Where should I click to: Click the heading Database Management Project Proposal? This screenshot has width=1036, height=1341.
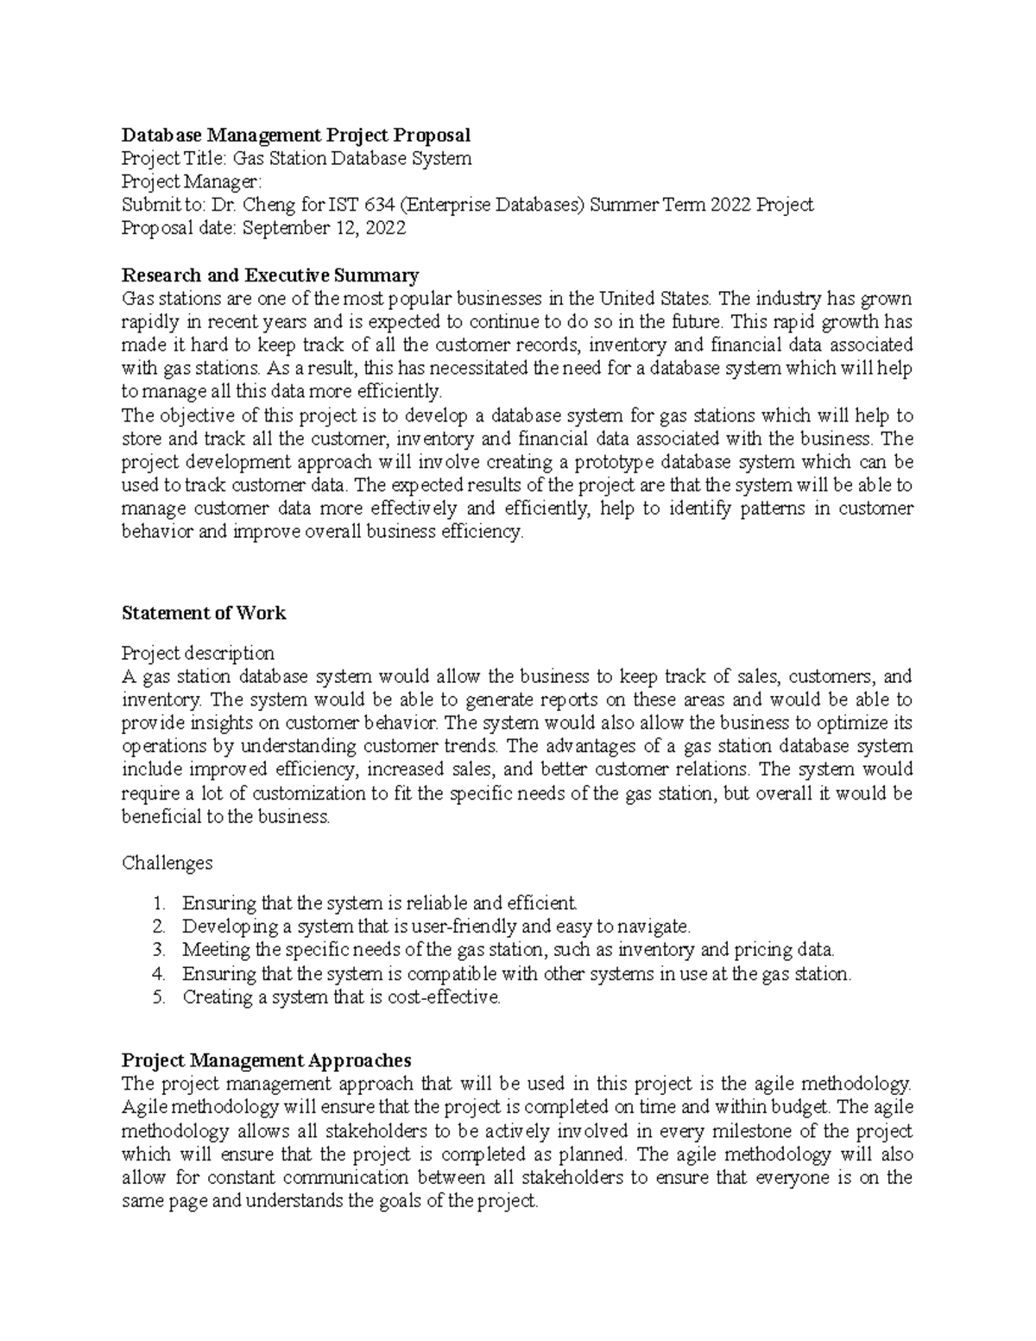[296, 135]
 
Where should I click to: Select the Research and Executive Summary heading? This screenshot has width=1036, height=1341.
[270, 275]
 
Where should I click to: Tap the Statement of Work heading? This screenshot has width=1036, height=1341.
[204, 613]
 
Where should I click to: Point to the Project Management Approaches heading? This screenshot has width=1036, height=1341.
[267, 1060]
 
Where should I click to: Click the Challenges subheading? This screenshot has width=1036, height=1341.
[167, 863]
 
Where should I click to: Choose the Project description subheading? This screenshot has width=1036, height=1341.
[199, 653]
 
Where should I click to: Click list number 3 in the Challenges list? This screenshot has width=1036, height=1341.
[158, 951]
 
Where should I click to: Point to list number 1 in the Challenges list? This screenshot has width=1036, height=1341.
[158, 904]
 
